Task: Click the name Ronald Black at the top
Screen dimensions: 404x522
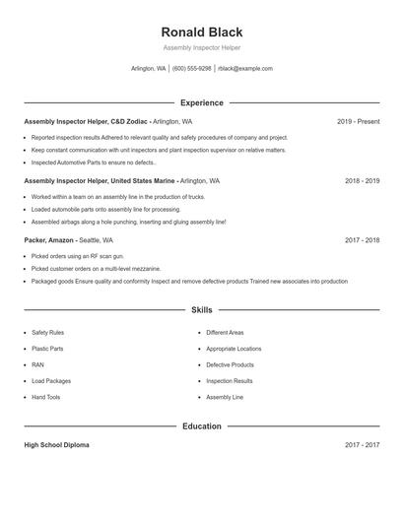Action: pyautogui.click(x=201, y=32)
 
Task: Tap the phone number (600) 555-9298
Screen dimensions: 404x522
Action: pyautogui.click(x=192, y=69)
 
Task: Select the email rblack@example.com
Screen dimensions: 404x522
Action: pyautogui.click(x=245, y=69)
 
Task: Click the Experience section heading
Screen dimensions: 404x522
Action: pyautogui.click(x=201, y=102)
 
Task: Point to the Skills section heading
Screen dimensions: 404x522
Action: pyautogui.click(x=201, y=309)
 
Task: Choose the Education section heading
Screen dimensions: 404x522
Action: pyautogui.click(x=201, y=426)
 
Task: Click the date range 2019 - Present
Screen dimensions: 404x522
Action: pyautogui.click(x=358, y=121)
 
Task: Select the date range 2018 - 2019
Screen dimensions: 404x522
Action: pyautogui.click(x=362, y=181)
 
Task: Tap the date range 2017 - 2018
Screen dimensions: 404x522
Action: pyautogui.click(x=362, y=240)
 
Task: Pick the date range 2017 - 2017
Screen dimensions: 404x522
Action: pyautogui.click(x=362, y=445)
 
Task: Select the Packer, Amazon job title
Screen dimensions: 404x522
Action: pyautogui.click(x=50, y=240)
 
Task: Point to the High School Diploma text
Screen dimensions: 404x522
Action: pyautogui.click(x=56, y=445)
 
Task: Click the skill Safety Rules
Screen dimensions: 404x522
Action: pyautogui.click(x=47, y=333)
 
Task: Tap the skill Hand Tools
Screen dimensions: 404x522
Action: pyautogui.click(x=45, y=397)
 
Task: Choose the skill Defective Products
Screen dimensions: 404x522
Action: pyautogui.click(x=230, y=364)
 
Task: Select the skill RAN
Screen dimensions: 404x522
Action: pyautogui.click(x=37, y=364)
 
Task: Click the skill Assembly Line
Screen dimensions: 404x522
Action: pyautogui.click(x=225, y=397)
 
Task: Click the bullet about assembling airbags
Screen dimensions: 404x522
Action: pyautogui.click(x=128, y=223)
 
